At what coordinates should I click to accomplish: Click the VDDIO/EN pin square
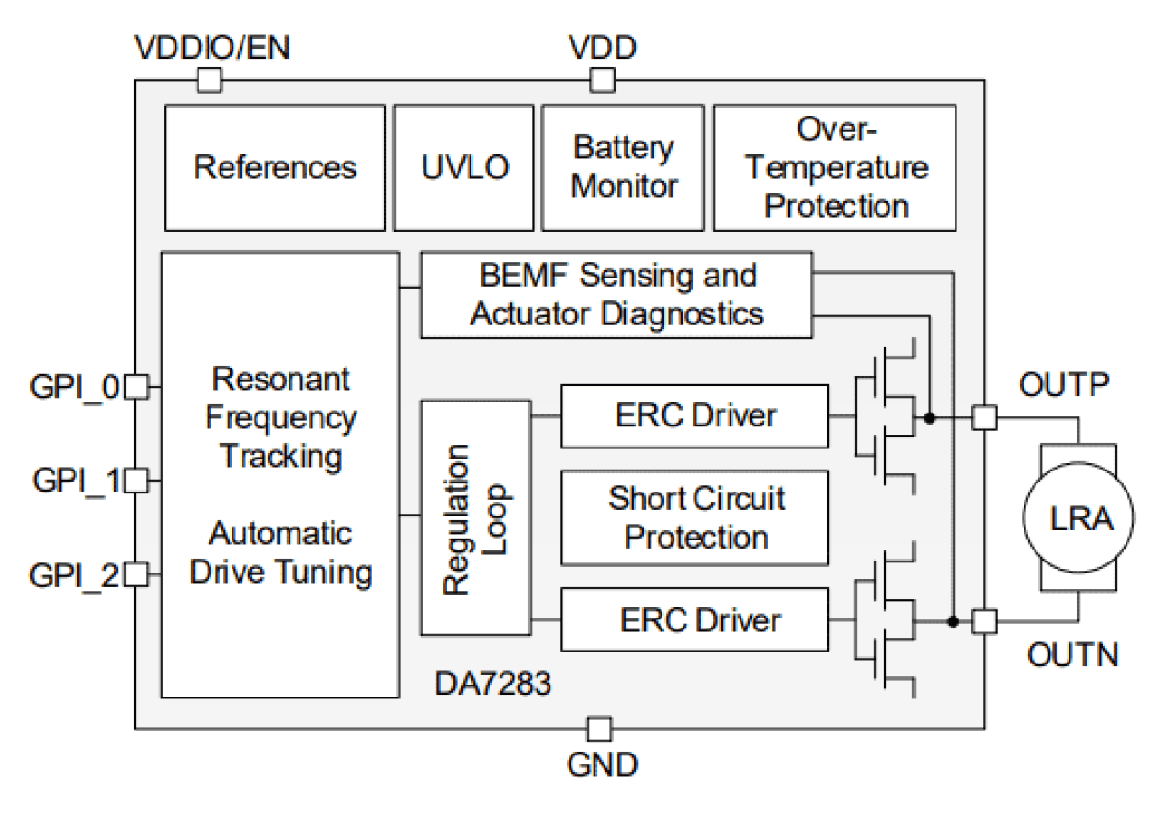209,82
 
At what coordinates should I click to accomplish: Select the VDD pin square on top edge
601,82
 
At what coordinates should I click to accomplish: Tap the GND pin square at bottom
598,729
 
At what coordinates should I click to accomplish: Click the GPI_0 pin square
136,387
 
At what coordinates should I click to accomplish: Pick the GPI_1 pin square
136,480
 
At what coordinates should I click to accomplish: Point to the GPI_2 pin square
136,575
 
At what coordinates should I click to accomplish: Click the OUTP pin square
984,418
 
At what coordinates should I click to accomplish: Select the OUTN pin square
984,622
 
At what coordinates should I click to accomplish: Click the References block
275,167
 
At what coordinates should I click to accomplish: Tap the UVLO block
464,167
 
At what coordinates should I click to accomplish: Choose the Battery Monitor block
623,167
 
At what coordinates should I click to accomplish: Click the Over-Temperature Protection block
834,167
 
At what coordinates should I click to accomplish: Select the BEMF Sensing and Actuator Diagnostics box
616,294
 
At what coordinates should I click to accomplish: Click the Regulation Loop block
475,516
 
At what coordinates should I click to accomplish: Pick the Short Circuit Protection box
695,517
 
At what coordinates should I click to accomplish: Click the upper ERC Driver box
695,416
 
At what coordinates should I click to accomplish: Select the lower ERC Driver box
695,620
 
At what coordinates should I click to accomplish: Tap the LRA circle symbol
1080,519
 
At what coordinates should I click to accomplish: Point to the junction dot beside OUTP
931,418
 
